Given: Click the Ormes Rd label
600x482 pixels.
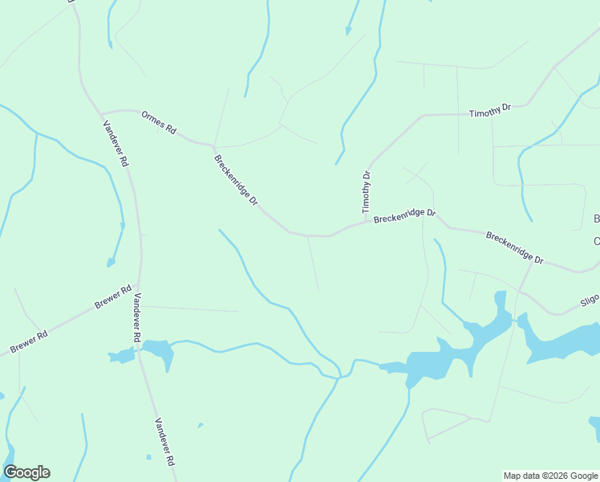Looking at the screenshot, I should (158, 122).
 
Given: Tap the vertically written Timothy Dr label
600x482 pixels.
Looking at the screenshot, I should (366, 190).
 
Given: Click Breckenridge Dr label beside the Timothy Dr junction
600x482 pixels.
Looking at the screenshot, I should (404, 216).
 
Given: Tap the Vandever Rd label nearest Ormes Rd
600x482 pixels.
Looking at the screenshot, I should (116, 143).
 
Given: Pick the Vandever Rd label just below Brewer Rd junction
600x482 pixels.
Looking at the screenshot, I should (137, 319).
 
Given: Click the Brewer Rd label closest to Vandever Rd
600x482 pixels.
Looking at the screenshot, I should (112, 297).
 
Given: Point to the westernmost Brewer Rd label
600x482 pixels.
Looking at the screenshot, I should (29, 341).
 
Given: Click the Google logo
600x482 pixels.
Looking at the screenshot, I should (26, 472).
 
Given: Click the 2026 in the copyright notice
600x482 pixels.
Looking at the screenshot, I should (552, 476).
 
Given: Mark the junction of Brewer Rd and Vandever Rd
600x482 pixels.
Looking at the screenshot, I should (139, 287).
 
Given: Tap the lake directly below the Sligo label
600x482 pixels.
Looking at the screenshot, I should (561, 341).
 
